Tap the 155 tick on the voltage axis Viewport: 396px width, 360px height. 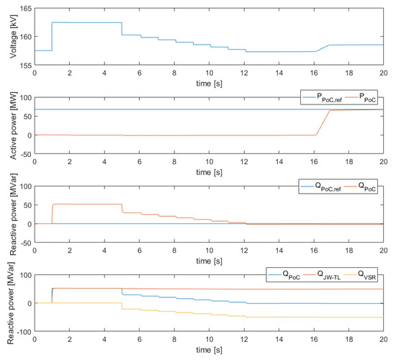[24, 66]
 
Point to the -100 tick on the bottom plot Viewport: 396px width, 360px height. [21, 332]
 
